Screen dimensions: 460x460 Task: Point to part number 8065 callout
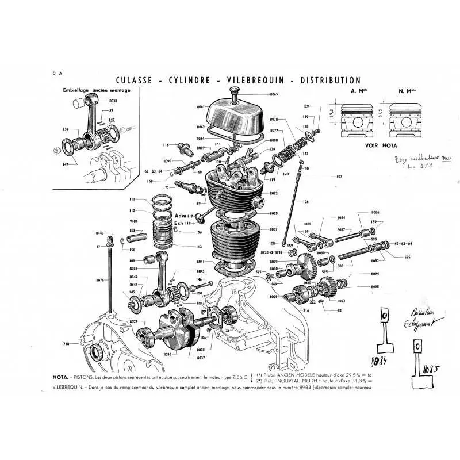tap(273, 94)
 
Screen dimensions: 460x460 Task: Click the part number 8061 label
tap(200, 108)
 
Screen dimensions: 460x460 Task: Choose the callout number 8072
tap(274, 194)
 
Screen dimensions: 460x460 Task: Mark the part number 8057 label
tap(274, 229)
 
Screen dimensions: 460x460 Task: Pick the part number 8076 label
tap(100, 280)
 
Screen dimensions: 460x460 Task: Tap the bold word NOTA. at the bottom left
tap(62, 377)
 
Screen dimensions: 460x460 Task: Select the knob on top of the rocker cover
tap(235, 91)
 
